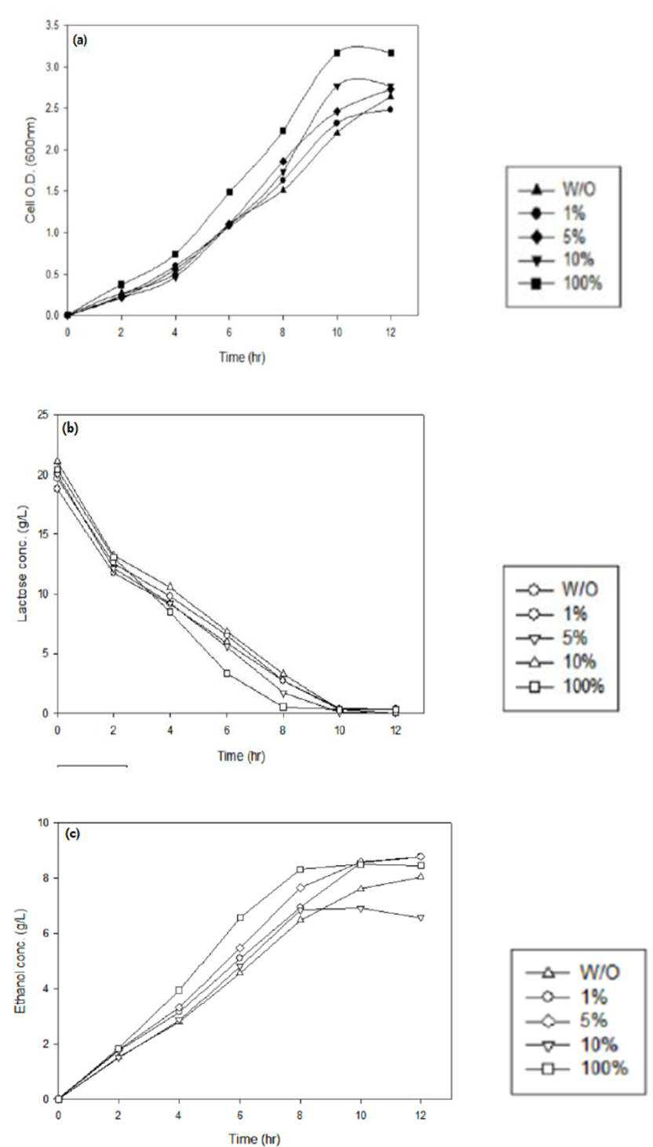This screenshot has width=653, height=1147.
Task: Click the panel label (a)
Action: [80, 40]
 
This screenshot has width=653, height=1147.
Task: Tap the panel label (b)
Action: [70, 429]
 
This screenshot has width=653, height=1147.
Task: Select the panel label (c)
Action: [72, 834]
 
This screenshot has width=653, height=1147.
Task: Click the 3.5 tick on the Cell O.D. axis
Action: [53, 25]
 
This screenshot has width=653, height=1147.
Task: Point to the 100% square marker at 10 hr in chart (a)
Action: [337, 53]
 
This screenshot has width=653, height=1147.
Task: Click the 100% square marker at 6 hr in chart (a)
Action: [229, 192]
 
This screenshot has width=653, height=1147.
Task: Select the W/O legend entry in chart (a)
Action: [558, 189]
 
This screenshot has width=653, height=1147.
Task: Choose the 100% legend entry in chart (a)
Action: [561, 283]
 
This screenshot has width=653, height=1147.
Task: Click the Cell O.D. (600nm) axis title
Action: [31, 170]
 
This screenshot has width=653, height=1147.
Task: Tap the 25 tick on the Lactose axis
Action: [43, 415]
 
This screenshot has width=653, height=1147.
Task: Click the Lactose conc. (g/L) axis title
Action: [23, 563]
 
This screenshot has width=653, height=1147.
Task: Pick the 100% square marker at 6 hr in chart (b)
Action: [227, 672]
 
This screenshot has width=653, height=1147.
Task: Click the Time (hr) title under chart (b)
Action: [241, 756]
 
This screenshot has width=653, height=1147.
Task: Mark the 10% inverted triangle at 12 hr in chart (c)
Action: [421, 918]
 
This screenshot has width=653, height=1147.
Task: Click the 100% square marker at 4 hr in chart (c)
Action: [179, 991]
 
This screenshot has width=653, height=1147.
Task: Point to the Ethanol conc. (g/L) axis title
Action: [20, 962]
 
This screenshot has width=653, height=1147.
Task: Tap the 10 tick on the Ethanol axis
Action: [44, 823]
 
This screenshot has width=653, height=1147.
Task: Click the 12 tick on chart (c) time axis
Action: [421, 1115]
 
